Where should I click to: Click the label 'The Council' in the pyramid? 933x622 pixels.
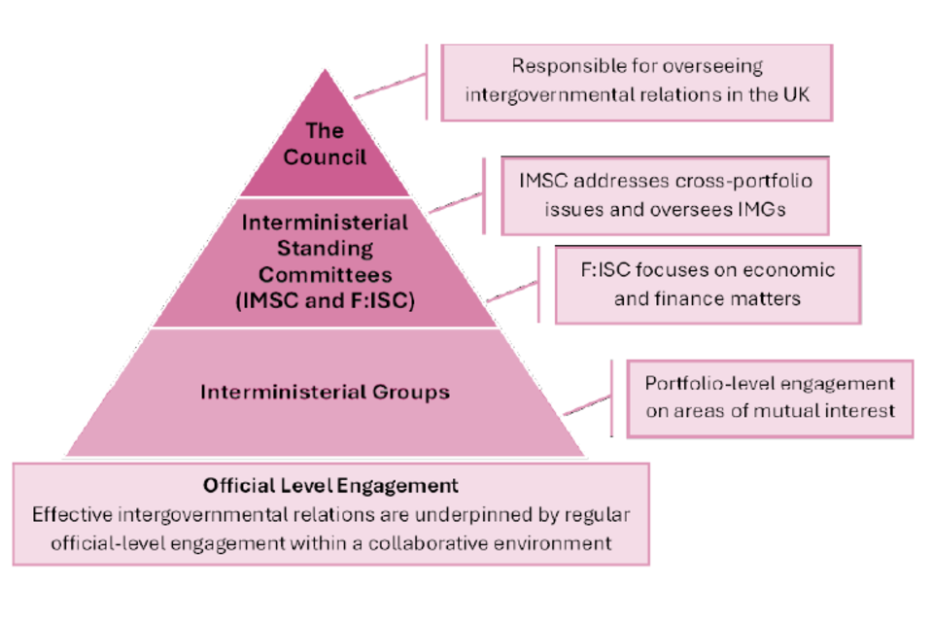click(x=325, y=143)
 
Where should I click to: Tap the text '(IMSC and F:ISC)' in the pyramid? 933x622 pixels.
click(x=325, y=300)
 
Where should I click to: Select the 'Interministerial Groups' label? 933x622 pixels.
click(x=325, y=393)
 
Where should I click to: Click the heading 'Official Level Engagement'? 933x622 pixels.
click(x=330, y=484)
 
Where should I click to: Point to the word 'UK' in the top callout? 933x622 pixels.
click(x=793, y=94)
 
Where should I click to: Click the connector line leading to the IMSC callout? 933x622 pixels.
click(x=455, y=201)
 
